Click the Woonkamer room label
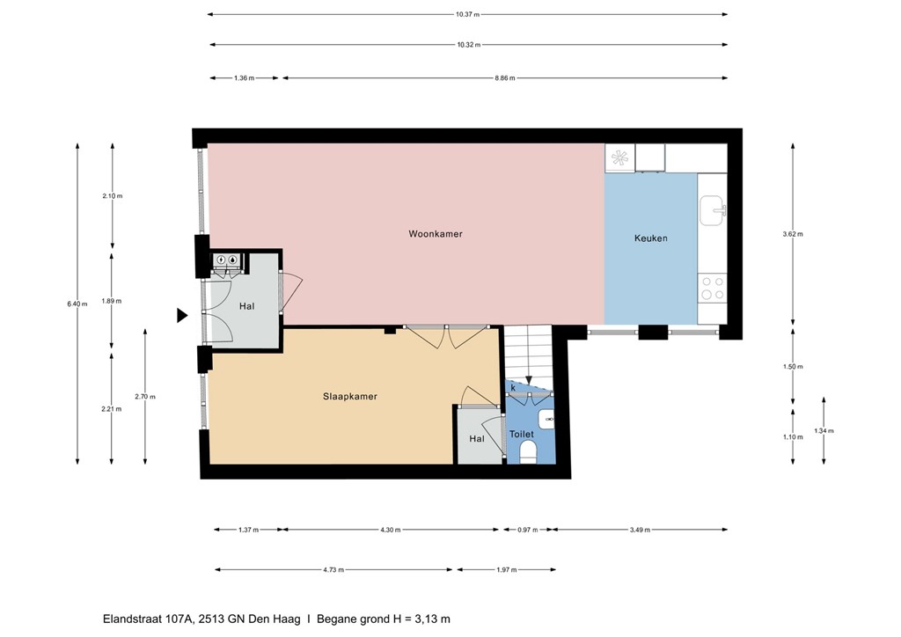[x=435, y=234]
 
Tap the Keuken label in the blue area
[x=650, y=238]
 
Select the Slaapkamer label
[x=349, y=397]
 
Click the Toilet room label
[x=521, y=435]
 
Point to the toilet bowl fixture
[x=528, y=452]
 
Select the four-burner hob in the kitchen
[x=712, y=289]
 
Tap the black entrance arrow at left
[x=182, y=315]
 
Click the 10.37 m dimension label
[x=468, y=15]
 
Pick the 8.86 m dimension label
[x=504, y=78]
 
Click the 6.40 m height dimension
[x=77, y=304]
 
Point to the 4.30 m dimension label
[x=390, y=530]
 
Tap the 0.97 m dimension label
[x=526, y=530]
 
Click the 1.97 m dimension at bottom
[x=504, y=570]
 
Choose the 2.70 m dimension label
[x=145, y=397]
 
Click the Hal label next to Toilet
[x=476, y=438]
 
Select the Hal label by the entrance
[x=246, y=306]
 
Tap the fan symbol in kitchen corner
[x=619, y=158]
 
